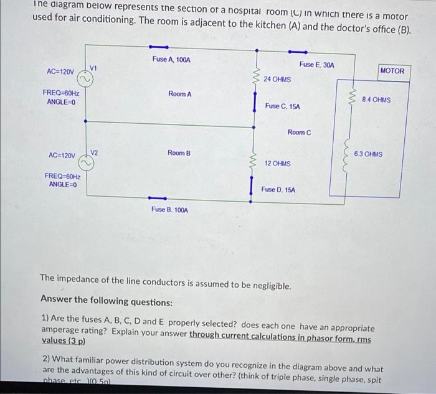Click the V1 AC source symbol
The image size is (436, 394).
click(85, 79)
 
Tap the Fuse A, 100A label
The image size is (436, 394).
click(171, 60)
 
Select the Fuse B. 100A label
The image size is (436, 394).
click(169, 210)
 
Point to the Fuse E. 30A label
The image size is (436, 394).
click(316, 65)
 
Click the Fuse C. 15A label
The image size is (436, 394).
click(282, 106)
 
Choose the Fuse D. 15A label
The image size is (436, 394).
click(278, 189)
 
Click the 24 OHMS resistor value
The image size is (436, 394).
click(277, 80)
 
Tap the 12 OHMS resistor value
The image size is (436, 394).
click(277, 164)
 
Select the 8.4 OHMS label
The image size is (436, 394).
click(376, 100)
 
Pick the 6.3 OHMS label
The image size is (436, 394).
click(368, 154)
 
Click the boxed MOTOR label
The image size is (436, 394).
click(392, 71)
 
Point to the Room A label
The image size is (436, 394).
click(179, 94)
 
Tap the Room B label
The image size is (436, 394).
click(179, 153)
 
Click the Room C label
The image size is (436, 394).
click(299, 133)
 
